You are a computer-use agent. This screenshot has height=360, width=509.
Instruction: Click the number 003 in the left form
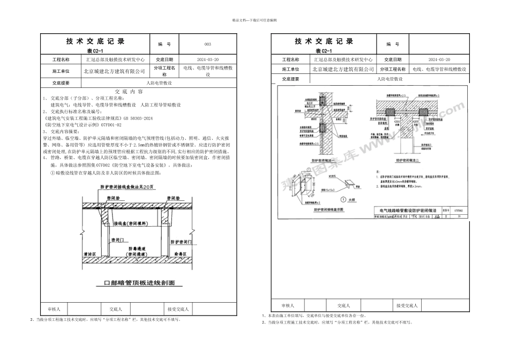click(x=208, y=44)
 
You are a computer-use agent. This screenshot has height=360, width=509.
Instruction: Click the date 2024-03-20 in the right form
click(x=439, y=60)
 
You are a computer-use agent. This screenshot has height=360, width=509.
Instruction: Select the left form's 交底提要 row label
click(x=61, y=83)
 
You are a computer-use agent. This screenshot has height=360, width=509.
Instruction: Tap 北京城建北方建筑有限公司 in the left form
click(x=115, y=70)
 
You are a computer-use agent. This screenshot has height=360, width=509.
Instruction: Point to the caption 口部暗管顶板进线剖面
click(x=139, y=282)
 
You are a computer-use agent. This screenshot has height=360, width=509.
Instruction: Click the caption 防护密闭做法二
click(x=407, y=160)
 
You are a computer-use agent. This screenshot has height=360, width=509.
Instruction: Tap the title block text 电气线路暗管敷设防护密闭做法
click(x=407, y=212)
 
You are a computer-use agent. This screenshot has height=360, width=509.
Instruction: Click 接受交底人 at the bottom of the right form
click(x=407, y=305)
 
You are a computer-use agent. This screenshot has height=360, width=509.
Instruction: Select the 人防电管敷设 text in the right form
click(x=390, y=79)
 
